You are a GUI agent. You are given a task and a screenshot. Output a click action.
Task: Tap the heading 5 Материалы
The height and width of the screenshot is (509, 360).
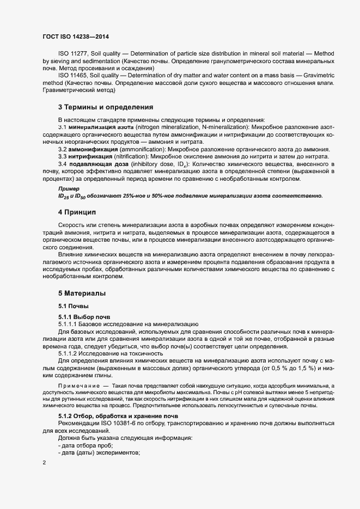pos(82,292)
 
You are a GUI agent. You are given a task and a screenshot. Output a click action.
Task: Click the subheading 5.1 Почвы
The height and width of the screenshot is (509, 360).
pos(73,305)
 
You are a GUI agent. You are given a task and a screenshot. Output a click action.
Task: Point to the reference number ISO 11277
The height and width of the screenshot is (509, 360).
pos(73,54)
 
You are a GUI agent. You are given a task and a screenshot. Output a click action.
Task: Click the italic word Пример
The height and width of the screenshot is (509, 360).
pos(69,188)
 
